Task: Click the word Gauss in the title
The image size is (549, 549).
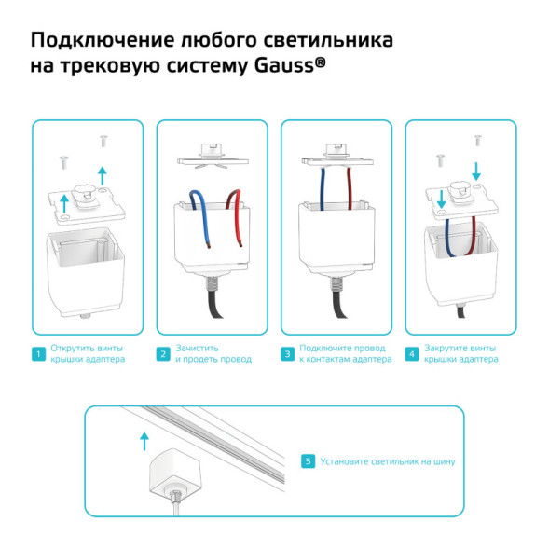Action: pyautogui.click(x=280, y=66)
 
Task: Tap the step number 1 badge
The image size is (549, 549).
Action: pyautogui.click(x=37, y=354)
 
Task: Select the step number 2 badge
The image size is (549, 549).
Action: pyautogui.click(x=162, y=354)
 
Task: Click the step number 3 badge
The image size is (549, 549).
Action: pyautogui.click(x=288, y=354)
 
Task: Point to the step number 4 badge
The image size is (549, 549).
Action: pyautogui.click(x=412, y=354)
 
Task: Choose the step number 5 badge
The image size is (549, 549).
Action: pyautogui.click(x=308, y=460)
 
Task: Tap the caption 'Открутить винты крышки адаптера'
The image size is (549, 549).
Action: pyautogui.click(x=87, y=354)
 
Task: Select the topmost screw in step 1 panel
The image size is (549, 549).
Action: pyautogui.click(x=102, y=142)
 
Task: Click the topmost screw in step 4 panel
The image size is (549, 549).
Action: pyautogui.click(x=477, y=140)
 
